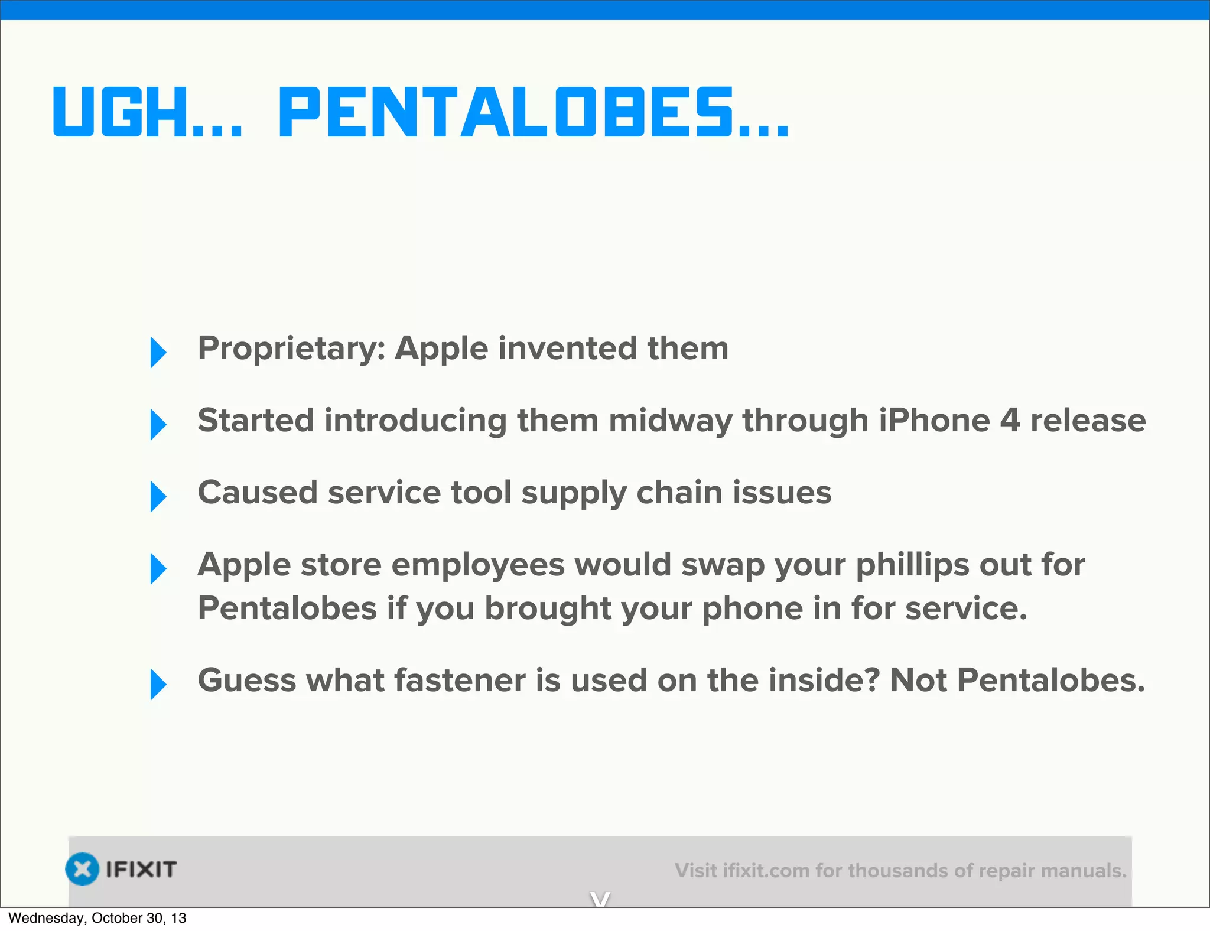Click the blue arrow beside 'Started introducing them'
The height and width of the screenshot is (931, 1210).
coord(158,424)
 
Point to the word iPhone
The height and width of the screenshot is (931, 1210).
coord(934,421)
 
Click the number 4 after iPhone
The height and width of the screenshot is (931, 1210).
coord(1010,421)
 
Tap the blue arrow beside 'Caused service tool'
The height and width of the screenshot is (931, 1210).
coord(158,496)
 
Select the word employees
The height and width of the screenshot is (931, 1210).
coord(478,565)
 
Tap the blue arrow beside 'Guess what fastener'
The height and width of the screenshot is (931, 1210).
coord(158,684)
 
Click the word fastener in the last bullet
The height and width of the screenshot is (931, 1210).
coord(460,681)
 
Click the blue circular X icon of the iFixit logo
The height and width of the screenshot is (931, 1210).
coord(82,869)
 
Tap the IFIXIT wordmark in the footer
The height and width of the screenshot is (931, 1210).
coord(141,869)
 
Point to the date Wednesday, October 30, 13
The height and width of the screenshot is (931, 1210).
coord(97,918)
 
